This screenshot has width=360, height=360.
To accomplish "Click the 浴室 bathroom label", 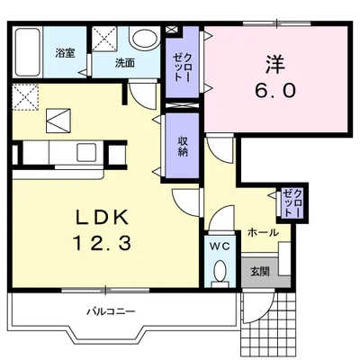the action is click(65, 53).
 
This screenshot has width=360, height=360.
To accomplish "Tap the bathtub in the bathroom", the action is click(28, 52).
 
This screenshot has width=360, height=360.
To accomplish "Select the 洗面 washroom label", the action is click(125, 63).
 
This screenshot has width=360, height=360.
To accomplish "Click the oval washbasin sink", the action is click(145, 39).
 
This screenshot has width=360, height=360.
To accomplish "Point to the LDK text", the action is click(102, 217).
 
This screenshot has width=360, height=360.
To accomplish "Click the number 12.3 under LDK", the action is click(102, 243).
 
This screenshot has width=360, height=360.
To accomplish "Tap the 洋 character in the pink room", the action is click(275, 65).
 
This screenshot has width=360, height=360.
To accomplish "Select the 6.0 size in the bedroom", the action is click(275, 90).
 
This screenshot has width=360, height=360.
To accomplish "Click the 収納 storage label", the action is click(183, 146).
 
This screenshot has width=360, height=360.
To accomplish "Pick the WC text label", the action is click(220, 247).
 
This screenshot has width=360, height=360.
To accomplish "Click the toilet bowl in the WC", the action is click(220, 270).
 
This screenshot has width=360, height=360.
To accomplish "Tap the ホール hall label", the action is click(263, 232).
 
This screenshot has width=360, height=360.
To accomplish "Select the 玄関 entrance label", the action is click(260, 272).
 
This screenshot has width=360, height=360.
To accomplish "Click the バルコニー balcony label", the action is click(111, 311).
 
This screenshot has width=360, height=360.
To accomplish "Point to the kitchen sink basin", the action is click(86, 152).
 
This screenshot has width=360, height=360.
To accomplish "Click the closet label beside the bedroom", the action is click(183, 67).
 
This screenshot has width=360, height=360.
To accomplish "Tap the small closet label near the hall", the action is click(292, 202).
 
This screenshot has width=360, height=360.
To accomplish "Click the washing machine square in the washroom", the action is click(104, 39).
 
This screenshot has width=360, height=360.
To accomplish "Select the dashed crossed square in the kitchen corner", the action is click(25, 97).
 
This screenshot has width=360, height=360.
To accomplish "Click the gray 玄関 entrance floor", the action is click(260, 272).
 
